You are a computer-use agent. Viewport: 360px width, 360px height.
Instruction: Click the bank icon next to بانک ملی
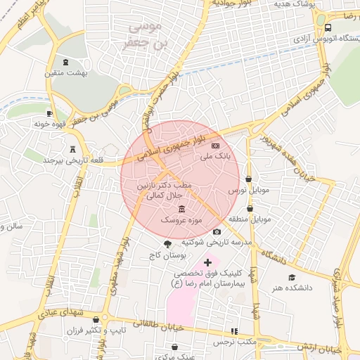tap(214, 145)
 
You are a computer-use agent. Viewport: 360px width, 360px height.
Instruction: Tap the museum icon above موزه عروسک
tap(183, 209)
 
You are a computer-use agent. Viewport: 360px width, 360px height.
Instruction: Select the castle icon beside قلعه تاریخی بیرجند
tap(72, 148)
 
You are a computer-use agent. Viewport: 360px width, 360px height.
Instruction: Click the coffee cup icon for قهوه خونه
tap(49, 112)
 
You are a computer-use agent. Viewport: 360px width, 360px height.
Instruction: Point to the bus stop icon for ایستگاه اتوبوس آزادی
tap(328, 27)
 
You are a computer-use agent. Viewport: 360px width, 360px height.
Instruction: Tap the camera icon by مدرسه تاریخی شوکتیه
tap(217, 231)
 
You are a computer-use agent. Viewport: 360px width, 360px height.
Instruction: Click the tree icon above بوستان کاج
tap(167, 243)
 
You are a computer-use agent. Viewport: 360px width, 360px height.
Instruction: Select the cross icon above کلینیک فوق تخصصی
tap(207, 262)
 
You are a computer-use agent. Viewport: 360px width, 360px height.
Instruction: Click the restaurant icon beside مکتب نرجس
tap(235, 330)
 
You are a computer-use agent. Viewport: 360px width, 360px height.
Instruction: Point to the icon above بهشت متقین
tap(66, 62)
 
